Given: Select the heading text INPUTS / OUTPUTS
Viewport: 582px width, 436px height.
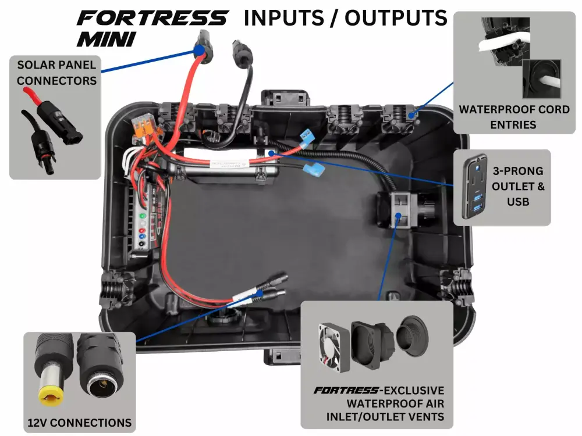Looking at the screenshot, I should [x=345, y=17].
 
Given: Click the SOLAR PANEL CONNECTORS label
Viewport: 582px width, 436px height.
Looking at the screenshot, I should [x=57, y=73].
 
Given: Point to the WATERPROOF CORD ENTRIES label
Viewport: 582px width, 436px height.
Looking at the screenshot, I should [x=514, y=116].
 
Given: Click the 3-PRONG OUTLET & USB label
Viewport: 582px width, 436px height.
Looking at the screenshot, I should [x=517, y=187].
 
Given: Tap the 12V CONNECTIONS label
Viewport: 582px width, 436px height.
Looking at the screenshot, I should [x=80, y=423].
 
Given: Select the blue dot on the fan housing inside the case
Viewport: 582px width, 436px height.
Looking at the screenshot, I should [x=398, y=216].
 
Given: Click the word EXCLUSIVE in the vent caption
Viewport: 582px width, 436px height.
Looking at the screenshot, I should [x=411, y=390].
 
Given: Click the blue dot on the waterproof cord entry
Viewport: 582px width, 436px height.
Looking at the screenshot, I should [x=411, y=115].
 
